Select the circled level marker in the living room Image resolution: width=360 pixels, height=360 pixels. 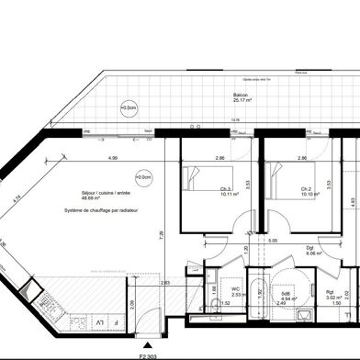pos(142,176)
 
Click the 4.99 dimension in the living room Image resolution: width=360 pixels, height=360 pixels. pos(111,160)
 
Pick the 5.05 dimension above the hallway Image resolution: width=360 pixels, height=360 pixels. pos(273,240)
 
